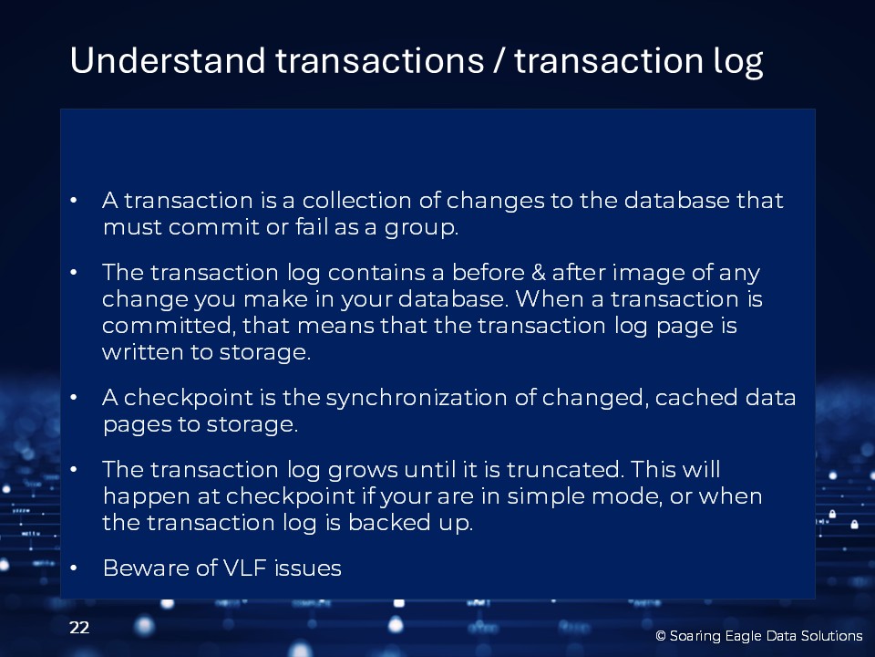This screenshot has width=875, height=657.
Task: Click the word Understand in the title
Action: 168,60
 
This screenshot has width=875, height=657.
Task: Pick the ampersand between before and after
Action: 539,273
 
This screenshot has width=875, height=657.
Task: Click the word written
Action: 150,352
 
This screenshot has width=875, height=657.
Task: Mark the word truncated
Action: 565,469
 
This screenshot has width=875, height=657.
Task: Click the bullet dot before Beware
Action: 73,568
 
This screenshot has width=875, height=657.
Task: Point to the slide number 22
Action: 79,628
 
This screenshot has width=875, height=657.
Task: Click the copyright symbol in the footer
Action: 661,636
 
